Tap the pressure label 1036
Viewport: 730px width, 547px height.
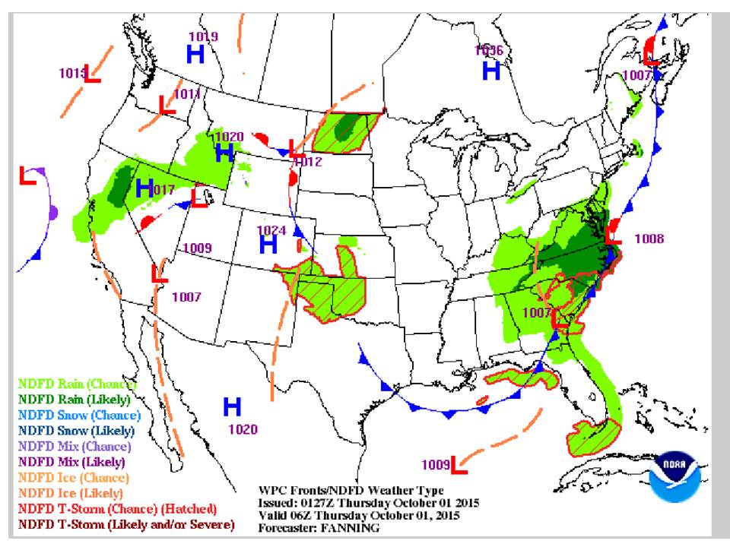488,50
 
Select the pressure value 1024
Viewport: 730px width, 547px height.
271,229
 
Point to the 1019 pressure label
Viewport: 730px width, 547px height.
204,36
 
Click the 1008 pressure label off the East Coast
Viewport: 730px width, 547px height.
649,239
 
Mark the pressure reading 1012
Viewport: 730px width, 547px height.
308,162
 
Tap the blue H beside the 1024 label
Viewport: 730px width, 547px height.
268,245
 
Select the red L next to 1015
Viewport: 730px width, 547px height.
93,74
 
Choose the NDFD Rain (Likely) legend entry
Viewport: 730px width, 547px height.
74,399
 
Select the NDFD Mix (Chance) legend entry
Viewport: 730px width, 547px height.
75,446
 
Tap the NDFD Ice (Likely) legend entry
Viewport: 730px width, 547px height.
70,493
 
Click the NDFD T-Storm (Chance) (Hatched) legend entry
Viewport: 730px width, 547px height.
118,509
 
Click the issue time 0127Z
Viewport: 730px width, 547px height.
319,504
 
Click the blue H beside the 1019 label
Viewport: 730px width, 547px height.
195,54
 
